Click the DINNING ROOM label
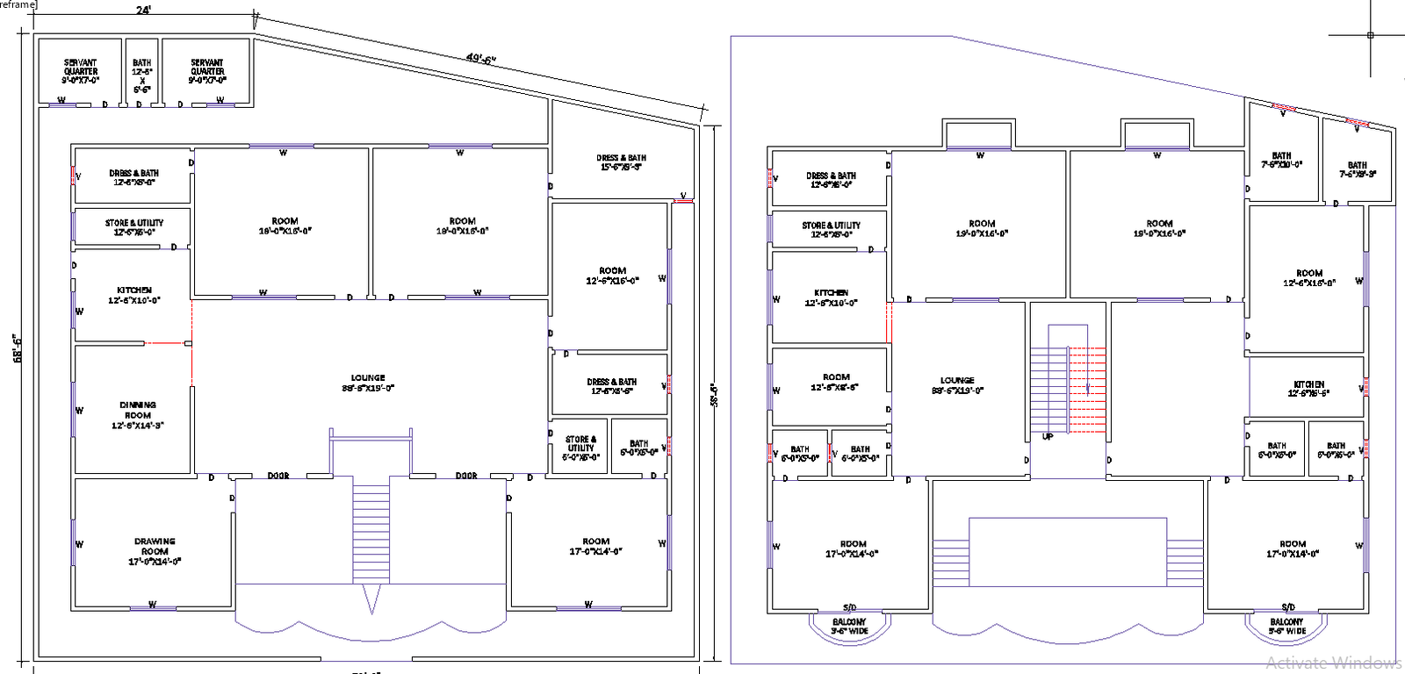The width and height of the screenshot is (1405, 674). click(138, 415)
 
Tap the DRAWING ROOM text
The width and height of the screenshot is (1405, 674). click(155, 551)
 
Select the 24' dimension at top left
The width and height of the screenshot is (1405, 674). click(143, 11)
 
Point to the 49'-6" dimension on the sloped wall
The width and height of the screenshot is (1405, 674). click(481, 59)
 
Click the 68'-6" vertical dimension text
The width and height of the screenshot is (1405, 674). click(17, 348)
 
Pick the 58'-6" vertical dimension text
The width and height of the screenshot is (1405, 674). click(714, 395)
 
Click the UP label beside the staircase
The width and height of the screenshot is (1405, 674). click(1048, 436)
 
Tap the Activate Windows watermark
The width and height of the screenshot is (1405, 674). click(1333, 663)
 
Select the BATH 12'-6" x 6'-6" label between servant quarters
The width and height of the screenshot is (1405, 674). click(142, 76)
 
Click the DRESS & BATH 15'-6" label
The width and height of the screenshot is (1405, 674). click(622, 162)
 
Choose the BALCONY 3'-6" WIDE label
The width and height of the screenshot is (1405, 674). click(850, 626)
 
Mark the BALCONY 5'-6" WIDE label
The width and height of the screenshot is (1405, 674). click(1287, 626)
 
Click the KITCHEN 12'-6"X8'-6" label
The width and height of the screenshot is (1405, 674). click(1308, 389)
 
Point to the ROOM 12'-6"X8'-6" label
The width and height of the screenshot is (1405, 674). click(835, 382)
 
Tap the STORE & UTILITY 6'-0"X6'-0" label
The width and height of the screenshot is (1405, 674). click(580, 448)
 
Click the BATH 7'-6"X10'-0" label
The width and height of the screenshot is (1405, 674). click(1282, 160)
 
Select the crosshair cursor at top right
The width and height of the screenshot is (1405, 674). click(1370, 35)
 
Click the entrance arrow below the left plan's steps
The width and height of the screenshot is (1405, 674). click(371, 601)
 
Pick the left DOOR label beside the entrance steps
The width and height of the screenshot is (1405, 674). click(278, 476)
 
